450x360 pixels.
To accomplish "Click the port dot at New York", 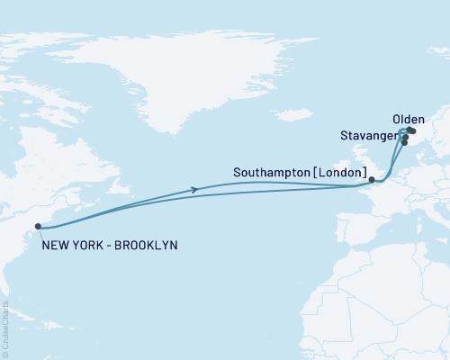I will pos(38,227).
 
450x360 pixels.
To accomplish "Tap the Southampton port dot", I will pos(372,180).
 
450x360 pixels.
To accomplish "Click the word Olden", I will pos(409,120).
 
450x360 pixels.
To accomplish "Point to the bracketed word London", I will pos(344,170).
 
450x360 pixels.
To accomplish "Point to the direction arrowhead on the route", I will pos(195,189).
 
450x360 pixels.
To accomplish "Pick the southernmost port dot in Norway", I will pos(404,142).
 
